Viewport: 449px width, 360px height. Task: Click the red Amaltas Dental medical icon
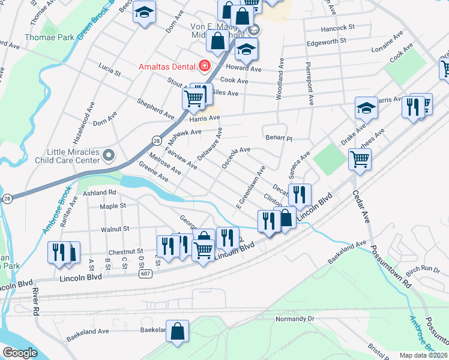[x=205, y=65]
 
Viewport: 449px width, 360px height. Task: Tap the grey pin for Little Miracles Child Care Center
[x=109, y=156]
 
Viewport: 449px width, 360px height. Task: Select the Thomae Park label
[x=50, y=37]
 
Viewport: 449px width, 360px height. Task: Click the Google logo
[x=20, y=353]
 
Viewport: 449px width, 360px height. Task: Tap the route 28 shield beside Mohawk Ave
[x=155, y=140]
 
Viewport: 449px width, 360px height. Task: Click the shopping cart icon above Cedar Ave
[x=360, y=159]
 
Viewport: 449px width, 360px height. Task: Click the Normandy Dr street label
[x=294, y=319]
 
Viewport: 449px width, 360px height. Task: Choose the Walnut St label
[x=115, y=229]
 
